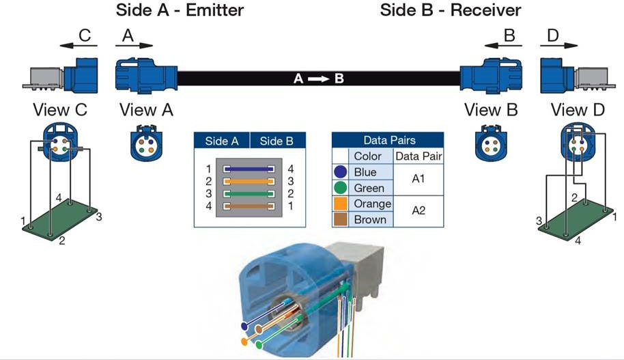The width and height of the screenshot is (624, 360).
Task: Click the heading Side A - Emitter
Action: click(x=180, y=10)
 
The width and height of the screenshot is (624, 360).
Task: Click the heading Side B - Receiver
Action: click(x=451, y=10)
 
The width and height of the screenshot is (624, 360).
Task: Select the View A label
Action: click(x=146, y=109)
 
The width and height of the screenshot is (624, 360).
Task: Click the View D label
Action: click(x=578, y=109)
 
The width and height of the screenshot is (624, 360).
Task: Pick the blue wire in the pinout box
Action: click(x=249, y=168)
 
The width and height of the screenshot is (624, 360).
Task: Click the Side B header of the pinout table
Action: click(x=276, y=141)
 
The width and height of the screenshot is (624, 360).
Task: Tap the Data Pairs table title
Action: click(x=388, y=141)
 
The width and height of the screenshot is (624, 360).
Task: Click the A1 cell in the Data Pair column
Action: click(x=419, y=180)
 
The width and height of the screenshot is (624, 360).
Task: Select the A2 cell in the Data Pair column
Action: click(x=419, y=211)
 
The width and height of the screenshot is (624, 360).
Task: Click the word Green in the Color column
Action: click(x=369, y=188)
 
